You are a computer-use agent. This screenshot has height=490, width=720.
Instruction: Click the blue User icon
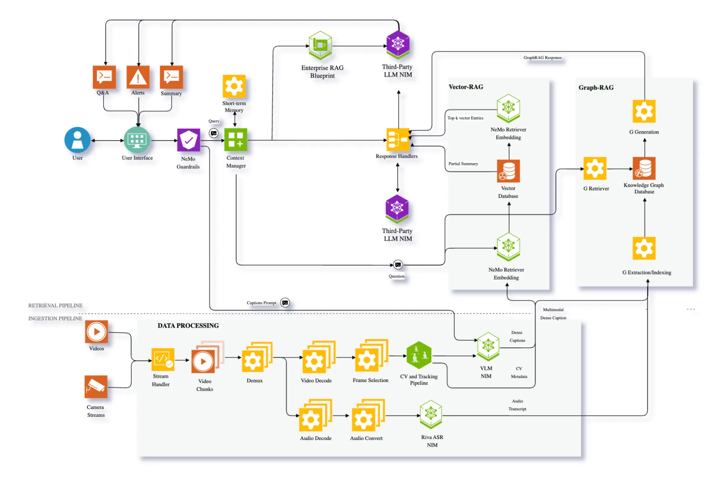click(77, 140)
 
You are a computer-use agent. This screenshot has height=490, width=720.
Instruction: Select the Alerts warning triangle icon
click(138, 77)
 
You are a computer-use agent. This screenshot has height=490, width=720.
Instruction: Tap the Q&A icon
click(104, 77)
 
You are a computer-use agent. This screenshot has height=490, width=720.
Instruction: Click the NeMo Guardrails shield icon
click(188, 140)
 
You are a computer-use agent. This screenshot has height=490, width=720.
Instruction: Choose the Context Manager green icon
click(236, 140)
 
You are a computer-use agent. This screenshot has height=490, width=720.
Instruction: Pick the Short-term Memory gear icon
click(234, 86)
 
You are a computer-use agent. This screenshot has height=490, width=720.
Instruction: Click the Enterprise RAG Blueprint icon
click(320, 45)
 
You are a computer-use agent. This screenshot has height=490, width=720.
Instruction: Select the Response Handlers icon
click(398, 139)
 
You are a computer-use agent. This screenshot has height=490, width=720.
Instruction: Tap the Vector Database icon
click(508, 171)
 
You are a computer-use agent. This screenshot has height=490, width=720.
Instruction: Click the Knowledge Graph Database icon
click(644, 168)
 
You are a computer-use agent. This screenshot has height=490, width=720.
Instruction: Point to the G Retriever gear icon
click(595, 168)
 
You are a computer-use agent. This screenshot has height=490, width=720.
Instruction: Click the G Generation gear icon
click(644, 111)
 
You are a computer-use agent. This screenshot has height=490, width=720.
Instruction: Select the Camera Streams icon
click(96, 387)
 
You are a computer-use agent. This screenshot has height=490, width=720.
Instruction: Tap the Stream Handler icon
click(163, 359)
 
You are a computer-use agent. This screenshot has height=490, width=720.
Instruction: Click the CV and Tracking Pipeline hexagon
click(419, 355)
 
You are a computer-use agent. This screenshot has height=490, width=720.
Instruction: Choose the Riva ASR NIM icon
click(431, 414)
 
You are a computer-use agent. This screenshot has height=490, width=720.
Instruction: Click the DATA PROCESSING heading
click(188, 325)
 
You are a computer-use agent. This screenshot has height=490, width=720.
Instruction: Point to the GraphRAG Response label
click(542, 58)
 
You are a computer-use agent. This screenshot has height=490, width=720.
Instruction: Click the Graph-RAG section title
click(596, 87)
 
